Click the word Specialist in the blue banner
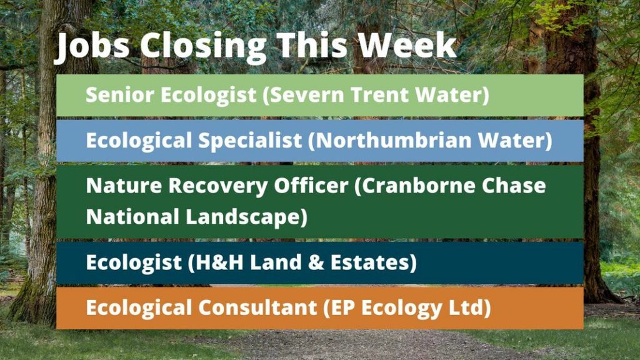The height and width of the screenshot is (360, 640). (x=250, y=141)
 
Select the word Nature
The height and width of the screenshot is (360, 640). (x=124, y=186)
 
